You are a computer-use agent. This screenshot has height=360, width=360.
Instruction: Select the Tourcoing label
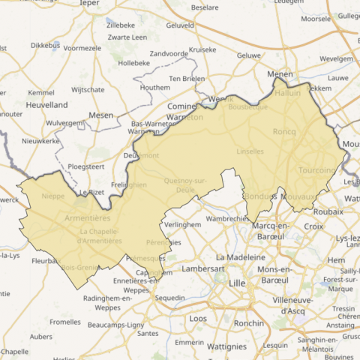[x=317, y=170]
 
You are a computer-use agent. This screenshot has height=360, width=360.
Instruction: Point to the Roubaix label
[x=328, y=211]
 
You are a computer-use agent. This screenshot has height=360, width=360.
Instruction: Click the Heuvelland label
[x=47, y=105]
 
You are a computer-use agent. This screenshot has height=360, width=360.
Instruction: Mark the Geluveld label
[x=179, y=25]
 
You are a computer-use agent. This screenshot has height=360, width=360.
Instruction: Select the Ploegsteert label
[x=88, y=166]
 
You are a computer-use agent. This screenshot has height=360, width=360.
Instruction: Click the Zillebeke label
[x=121, y=25]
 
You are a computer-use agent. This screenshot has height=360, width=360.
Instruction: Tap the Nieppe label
[x=53, y=196]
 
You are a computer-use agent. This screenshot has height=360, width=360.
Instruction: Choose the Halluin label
[x=287, y=93]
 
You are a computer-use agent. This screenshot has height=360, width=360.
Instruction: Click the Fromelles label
[x=64, y=322]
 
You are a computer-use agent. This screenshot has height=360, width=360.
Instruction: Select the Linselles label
[x=250, y=151]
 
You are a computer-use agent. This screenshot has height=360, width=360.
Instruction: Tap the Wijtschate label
[x=87, y=89]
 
